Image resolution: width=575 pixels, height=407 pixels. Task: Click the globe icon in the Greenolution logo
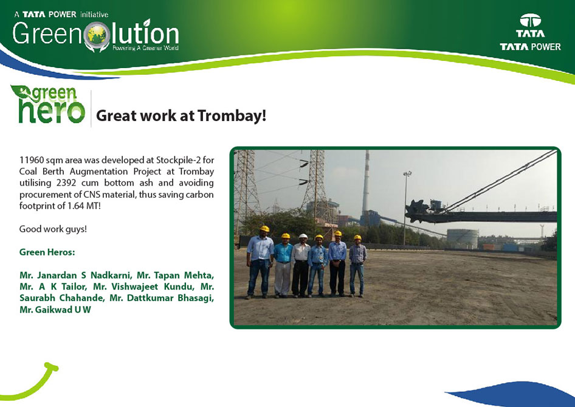tap(97, 36)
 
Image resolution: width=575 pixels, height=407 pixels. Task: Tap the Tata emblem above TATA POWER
tap(530, 21)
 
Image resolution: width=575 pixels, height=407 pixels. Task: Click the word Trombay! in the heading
tap(232, 116)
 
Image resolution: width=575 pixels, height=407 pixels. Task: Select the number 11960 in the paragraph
tap(32, 160)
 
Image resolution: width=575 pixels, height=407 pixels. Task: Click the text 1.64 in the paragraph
tap(76, 206)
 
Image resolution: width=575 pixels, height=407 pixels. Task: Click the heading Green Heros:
tap(47, 252)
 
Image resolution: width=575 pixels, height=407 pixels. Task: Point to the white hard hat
tap(303, 236)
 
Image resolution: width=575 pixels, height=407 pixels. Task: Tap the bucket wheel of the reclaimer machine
tap(416, 210)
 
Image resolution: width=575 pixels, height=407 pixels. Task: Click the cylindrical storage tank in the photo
tap(463, 238)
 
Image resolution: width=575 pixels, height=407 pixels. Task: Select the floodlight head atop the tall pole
tap(407, 173)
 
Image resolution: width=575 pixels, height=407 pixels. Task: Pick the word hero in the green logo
tap(51, 111)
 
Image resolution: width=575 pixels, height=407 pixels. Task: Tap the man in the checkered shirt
tap(357, 265)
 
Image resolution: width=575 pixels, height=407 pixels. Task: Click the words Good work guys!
tap(53, 229)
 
